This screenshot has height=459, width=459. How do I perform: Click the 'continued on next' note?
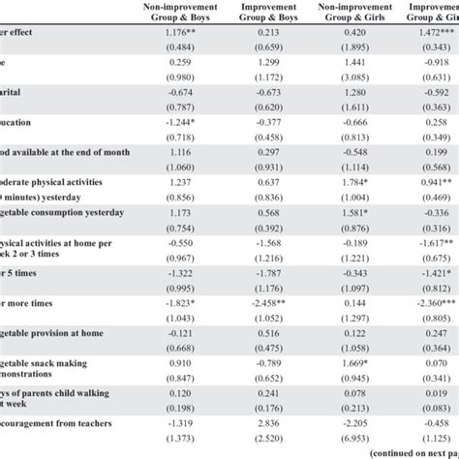click(x=407, y=452)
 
